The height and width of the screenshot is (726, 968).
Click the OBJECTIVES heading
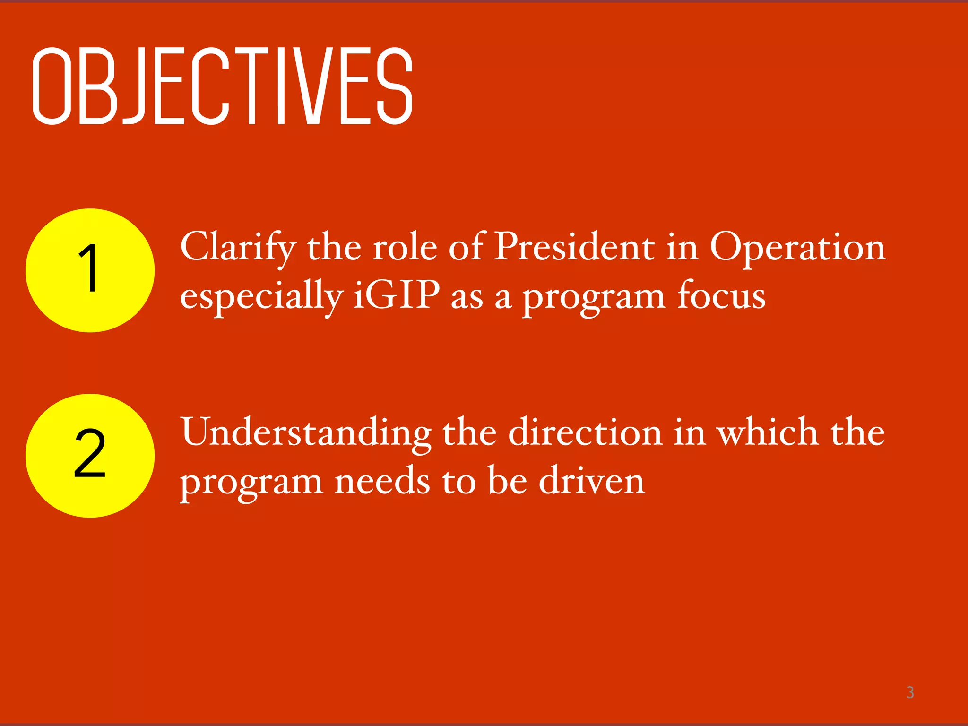click(222, 86)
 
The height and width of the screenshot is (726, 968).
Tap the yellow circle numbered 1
click(90, 270)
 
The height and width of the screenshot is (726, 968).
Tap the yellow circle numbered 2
click(90, 456)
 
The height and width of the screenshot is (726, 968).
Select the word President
click(574, 247)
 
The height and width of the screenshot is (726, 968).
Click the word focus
click(721, 295)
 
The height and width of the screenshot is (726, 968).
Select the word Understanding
click(306, 432)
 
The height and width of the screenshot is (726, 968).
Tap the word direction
click(585, 432)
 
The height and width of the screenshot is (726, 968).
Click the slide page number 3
click(910, 692)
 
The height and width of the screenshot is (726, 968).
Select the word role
click(405, 247)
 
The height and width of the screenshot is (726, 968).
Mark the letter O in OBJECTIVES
click(51, 86)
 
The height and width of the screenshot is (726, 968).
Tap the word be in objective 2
click(507, 480)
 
